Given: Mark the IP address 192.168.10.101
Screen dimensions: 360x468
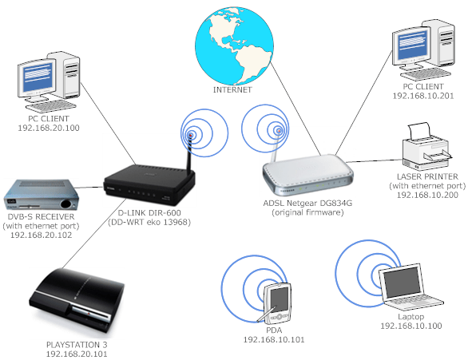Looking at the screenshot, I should (x=275, y=340).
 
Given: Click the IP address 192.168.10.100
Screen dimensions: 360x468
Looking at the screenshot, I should (x=412, y=326).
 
